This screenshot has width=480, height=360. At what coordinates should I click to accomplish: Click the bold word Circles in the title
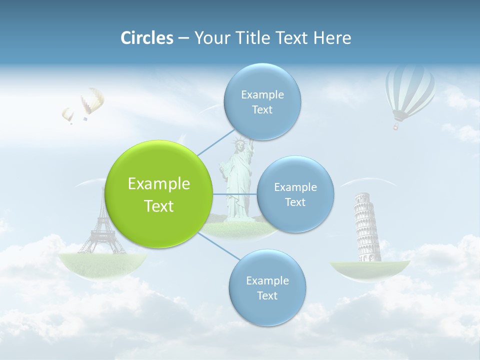pyautogui.click(x=146, y=38)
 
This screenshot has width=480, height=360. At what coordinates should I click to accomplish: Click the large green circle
pyautogui.click(x=158, y=194)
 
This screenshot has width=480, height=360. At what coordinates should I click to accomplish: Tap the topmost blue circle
pyautogui.click(x=262, y=101)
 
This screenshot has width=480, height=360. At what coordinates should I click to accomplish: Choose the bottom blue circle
pyautogui.click(x=267, y=287)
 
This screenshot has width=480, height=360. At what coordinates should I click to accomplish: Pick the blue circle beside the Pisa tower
pyautogui.click(x=295, y=194)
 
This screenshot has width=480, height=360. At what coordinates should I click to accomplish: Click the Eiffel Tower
pyautogui.click(x=102, y=225)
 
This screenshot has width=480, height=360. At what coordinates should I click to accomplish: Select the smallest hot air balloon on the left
pyautogui.click(x=67, y=115)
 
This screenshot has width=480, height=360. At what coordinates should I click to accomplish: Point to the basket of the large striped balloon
pyautogui.click(x=396, y=126)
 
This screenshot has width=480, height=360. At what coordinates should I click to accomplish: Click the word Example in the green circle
pyautogui.click(x=158, y=184)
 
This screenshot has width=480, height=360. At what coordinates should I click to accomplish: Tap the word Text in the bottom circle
pyautogui.click(x=267, y=295)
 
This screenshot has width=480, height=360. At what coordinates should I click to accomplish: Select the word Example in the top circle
pyautogui.click(x=262, y=94)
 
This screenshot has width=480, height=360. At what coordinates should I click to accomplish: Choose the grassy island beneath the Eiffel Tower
pyautogui.click(x=102, y=262)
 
